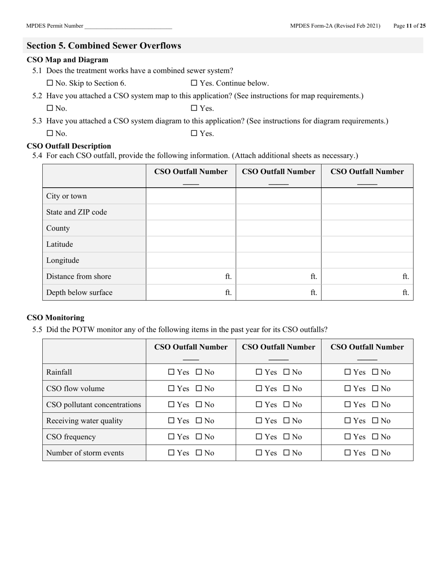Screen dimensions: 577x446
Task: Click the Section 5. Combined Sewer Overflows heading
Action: pos(104,46)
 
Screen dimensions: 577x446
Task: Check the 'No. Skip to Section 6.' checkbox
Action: pos(50,83)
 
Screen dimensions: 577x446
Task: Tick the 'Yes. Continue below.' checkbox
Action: pos(194,83)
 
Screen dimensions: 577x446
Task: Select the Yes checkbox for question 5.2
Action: pos(194,108)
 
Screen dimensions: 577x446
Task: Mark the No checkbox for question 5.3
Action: pos(50,133)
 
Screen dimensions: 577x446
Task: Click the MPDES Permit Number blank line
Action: pos(128,27)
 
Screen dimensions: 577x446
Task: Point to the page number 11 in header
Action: pos(409,26)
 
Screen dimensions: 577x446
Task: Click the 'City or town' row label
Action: pos(66,196)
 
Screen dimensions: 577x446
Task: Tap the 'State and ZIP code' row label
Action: pos(77,212)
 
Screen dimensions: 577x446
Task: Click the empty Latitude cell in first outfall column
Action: pos(191,244)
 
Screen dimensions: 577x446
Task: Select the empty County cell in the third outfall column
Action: pos(367,228)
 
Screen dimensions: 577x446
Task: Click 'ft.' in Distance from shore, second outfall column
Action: pos(314,276)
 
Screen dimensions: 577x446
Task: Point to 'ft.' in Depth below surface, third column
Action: pos(406,293)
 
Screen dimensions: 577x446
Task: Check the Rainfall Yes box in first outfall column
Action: pos(171,372)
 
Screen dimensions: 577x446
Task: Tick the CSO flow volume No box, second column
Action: pos(287,388)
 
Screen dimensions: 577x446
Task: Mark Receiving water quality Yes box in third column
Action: pos(348,421)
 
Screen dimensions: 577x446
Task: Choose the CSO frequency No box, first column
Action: pos(199,437)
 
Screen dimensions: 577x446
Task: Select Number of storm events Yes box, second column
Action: pos(260,453)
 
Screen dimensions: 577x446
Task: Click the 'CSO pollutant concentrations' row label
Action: pos(93,404)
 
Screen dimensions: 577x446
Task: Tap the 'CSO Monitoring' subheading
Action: pos(55,318)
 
